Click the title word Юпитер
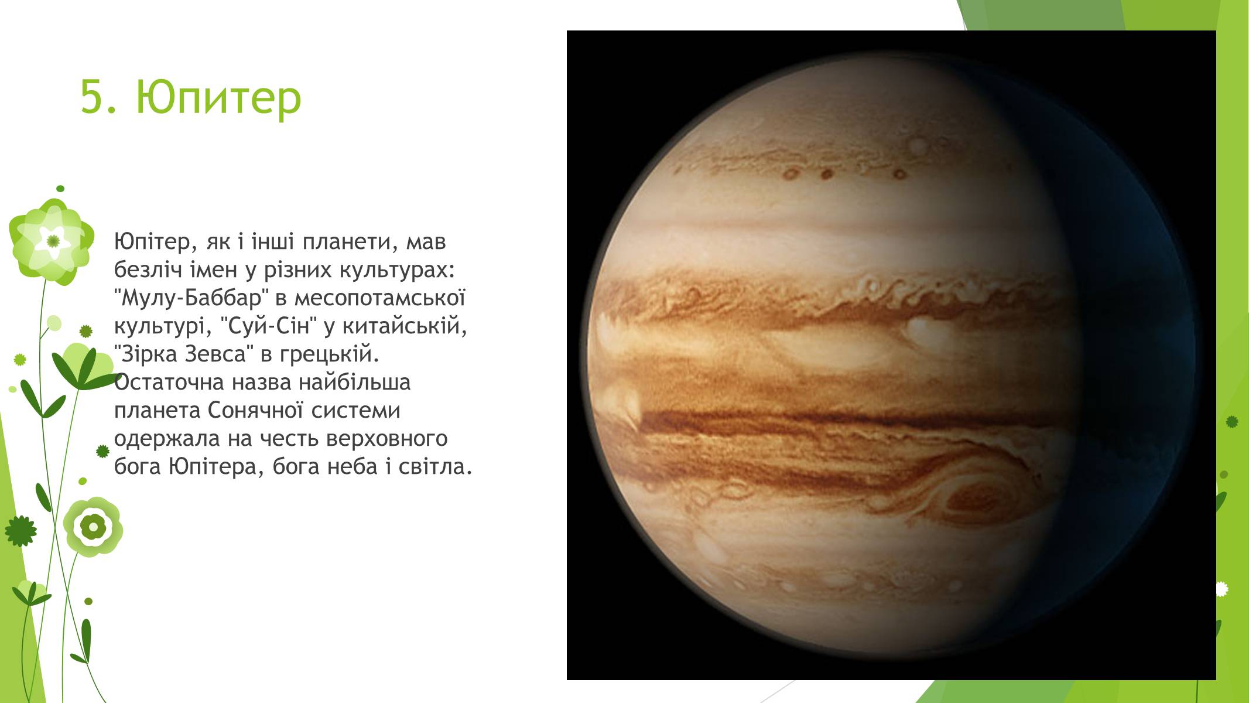[218, 97]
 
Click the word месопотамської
[379, 299]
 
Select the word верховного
[386, 439]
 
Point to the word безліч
[148, 269]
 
